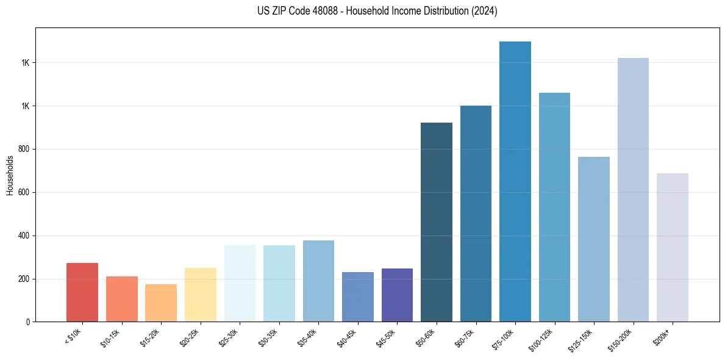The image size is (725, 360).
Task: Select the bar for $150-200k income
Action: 633,190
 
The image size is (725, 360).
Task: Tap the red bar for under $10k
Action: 82,292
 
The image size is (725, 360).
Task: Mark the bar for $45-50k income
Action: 397,295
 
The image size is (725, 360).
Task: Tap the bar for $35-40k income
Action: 318,281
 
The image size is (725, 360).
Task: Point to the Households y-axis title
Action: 10,175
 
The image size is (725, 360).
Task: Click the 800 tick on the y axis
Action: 25,149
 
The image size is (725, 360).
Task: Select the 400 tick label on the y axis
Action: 25,236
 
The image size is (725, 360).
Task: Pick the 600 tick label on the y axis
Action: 25,192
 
